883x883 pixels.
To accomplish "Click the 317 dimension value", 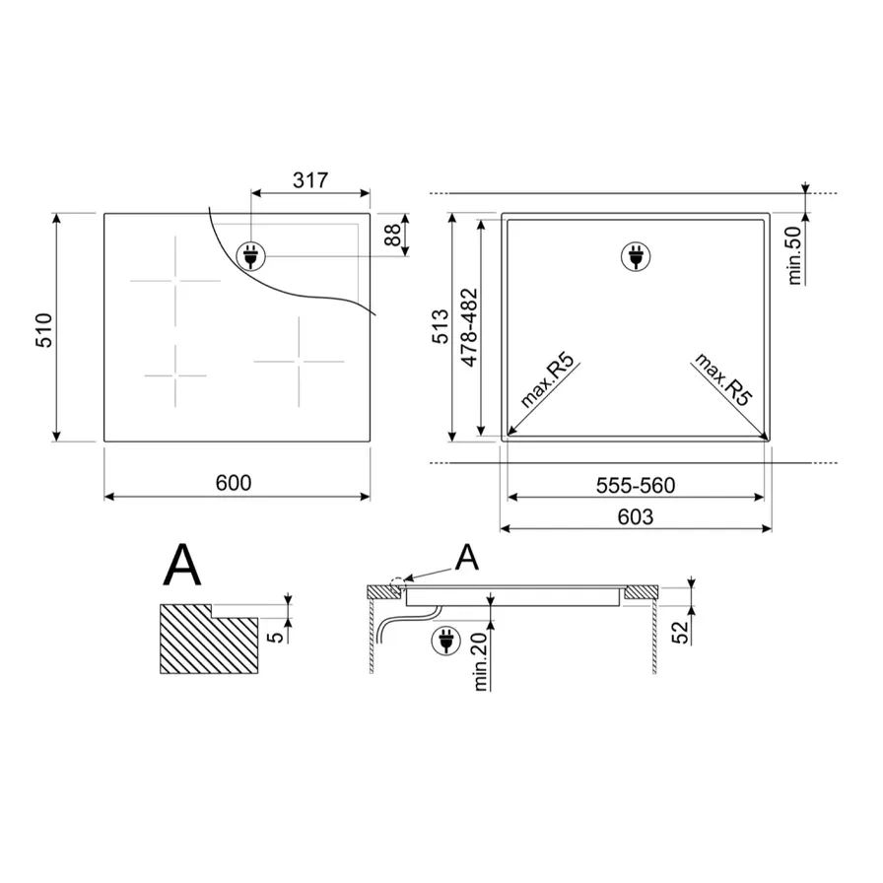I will point(310,180).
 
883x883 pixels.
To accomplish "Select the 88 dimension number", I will point(393,236).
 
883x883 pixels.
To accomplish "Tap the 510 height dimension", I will point(43,328).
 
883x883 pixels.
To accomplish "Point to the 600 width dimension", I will point(235,482).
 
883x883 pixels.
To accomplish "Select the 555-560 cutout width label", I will point(636,485).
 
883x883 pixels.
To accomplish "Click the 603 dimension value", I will point(637,516).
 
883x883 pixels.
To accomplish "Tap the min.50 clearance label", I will point(796,255).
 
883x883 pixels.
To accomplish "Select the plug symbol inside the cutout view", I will point(636,257).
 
